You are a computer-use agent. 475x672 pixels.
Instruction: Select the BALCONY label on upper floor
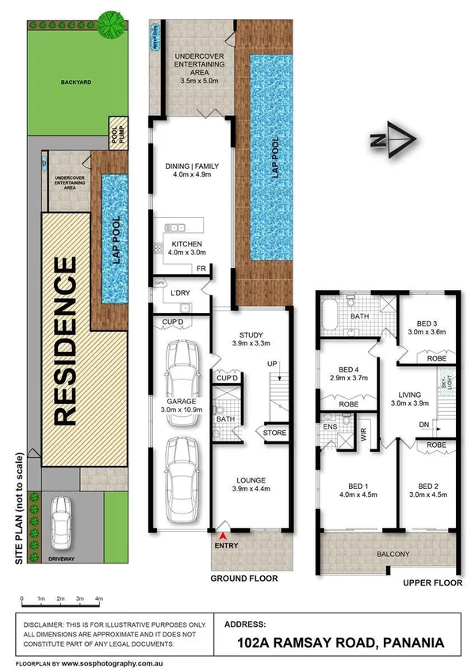[x=391, y=553]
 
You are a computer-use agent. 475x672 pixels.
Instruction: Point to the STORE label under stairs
[x=274, y=433]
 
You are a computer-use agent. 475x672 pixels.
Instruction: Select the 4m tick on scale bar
[x=98, y=598]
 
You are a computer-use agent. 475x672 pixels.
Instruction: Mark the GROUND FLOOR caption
[x=243, y=578]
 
